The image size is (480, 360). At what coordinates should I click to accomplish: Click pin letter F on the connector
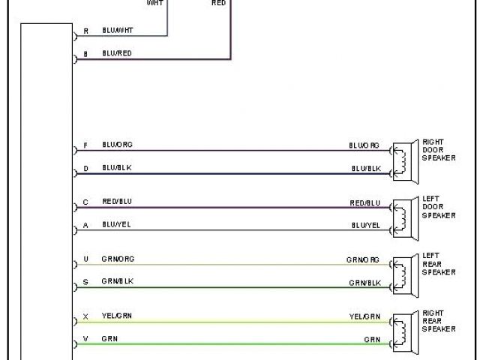pos(85,145)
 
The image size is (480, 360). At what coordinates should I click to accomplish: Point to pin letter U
pos(85,259)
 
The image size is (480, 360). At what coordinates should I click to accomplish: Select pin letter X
pos(85,316)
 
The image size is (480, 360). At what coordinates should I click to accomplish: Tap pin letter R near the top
pos(85,31)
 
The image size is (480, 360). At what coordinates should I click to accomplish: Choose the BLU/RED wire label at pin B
pos(116,54)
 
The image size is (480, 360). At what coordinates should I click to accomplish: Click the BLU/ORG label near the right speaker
pos(364,145)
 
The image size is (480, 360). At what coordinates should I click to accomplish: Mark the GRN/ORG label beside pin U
pos(119,259)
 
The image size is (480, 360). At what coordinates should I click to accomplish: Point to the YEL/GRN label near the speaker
pos(364,317)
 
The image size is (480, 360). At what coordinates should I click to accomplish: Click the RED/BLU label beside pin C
pos(117,202)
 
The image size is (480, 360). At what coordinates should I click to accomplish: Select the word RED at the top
pos(219,3)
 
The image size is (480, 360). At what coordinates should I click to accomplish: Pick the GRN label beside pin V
pos(109,339)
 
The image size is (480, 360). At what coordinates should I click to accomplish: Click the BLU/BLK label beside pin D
pos(116,168)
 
